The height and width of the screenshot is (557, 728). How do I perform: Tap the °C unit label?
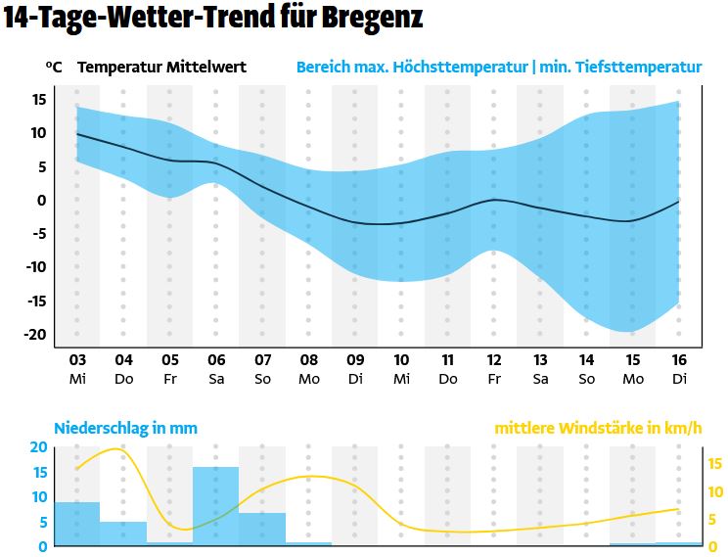click(x=54, y=68)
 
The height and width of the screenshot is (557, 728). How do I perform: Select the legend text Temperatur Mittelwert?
click(x=161, y=68)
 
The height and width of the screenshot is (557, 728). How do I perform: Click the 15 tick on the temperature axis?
click(x=39, y=99)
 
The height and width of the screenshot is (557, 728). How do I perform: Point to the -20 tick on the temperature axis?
click(x=37, y=334)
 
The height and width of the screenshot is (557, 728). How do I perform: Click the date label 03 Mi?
click(x=77, y=368)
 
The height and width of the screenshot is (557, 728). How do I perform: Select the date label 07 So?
click(x=263, y=368)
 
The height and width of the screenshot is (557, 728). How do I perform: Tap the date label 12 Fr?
click(x=494, y=368)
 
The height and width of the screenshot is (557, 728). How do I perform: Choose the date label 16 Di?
click(x=679, y=368)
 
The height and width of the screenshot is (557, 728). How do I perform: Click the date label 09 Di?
click(x=355, y=368)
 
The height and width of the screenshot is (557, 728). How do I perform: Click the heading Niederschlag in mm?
click(x=125, y=428)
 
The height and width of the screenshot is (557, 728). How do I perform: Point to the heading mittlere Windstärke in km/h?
click(x=598, y=428)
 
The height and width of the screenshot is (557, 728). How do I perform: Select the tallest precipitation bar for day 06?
click(x=215, y=505)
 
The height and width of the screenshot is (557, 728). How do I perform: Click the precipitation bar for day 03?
click(x=77, y=523)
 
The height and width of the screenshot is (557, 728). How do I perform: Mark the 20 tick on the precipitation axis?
click(x=38, y=447)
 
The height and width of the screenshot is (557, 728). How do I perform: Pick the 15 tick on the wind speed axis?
click(x=714, y=464)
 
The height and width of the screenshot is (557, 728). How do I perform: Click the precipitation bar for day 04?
click(x=123, y=533)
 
